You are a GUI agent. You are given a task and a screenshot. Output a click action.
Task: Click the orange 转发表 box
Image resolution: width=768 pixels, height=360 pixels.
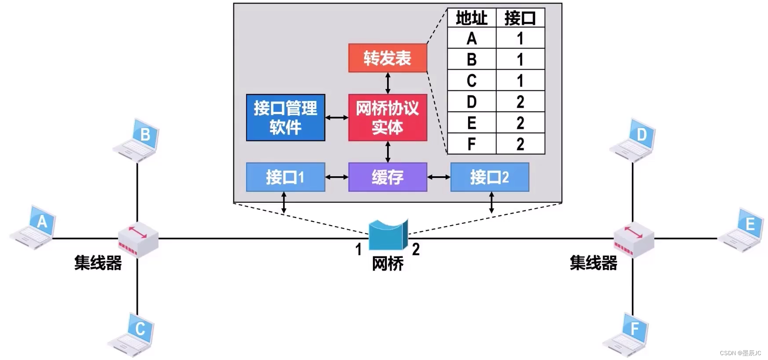click(x=388, y=58)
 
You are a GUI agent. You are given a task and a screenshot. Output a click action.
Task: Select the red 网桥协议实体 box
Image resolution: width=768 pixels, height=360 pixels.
click(x=388, y=117)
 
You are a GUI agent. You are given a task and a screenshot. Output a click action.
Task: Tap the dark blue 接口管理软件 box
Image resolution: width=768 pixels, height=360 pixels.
click(x=285, y=117)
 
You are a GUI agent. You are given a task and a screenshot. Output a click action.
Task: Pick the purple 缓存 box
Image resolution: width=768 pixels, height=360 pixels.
click(x=388, y=177)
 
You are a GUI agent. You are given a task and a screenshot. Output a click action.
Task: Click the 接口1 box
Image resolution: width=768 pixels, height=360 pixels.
click(x=285, y=177)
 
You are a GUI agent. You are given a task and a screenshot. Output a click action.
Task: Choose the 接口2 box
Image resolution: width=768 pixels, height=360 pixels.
click(x=489, y=177)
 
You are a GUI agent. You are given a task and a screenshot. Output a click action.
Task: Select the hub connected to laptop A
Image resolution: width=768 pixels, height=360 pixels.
click(x=138, y=240)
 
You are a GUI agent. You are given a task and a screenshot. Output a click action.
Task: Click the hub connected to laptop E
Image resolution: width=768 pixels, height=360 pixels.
click(x=634, y=240)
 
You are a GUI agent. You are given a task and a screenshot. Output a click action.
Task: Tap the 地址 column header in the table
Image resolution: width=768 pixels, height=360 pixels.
click(x=472, y=18)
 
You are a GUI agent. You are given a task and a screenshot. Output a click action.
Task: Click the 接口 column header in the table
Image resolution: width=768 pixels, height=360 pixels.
click(x=520, y=18)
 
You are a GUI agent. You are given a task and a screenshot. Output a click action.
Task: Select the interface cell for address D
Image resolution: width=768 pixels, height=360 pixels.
click(x=520, y=102)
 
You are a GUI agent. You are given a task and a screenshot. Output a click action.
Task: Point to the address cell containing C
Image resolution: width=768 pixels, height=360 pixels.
click(x=472, y=81)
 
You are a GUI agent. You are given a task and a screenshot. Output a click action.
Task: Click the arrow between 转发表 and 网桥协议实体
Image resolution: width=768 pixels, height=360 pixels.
click(x=388, y=83)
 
